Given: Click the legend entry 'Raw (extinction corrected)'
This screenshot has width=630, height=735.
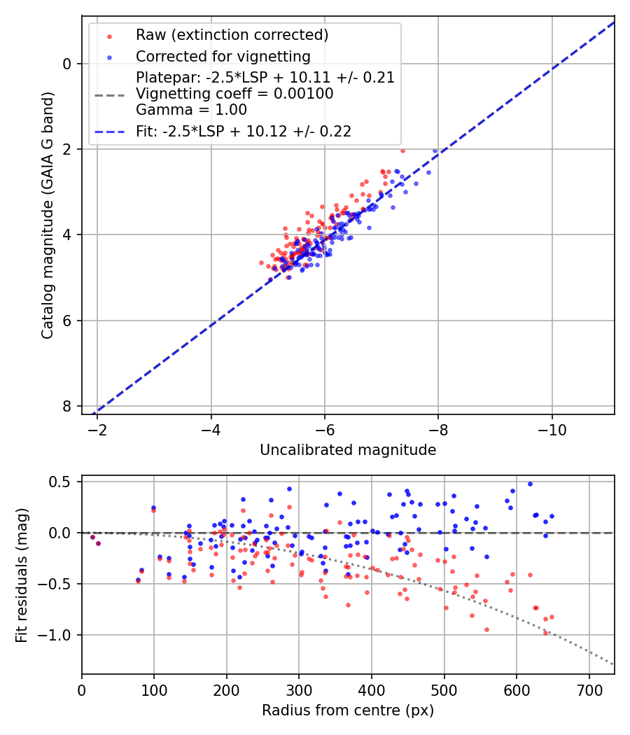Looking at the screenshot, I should [x=232, y=35].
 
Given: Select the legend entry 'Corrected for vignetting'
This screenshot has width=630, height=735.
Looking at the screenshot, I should [x=223, y=56].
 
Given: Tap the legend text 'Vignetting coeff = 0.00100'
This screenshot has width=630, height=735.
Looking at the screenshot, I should [x=234, y=94].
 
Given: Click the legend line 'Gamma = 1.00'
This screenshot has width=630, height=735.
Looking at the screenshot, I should [x=191, y=110].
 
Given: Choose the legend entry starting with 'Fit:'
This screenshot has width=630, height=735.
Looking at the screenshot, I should [x=243, y=131].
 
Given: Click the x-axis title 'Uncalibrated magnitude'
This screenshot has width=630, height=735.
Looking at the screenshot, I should [x=348, y=450].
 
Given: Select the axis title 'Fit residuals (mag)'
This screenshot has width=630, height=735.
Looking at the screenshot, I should [x=22, y=575].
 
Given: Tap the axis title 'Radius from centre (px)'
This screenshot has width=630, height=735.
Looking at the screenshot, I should [x=348, y=710].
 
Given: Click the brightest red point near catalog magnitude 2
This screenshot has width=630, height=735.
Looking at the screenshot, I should [x=402, y=150].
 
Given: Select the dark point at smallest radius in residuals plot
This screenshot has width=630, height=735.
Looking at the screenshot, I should [x=92, y=537].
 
